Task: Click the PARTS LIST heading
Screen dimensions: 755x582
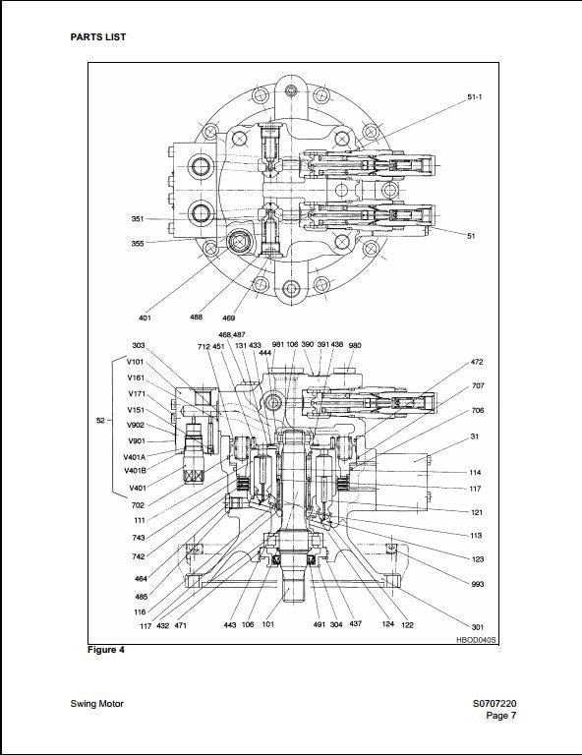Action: tap(97, 37)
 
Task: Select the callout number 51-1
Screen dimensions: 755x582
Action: tap(475, 97)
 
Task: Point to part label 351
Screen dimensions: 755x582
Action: tap(138, 218)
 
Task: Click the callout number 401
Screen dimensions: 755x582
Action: tap(145, 318)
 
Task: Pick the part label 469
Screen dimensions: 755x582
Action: tap(229, 318)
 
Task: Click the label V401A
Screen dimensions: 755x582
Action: tap(135, 456)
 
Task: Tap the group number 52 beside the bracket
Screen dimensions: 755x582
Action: tap(100, 421)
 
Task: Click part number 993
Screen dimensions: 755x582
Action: tap(478, 583)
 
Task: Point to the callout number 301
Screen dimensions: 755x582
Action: tap(478, 627)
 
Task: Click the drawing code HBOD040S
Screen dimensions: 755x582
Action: tap(476, 640)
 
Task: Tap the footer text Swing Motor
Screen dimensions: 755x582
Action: tap(98, 703)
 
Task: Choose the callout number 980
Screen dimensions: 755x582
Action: tap(355, 345)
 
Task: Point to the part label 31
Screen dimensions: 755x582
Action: tap(474, 436)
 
